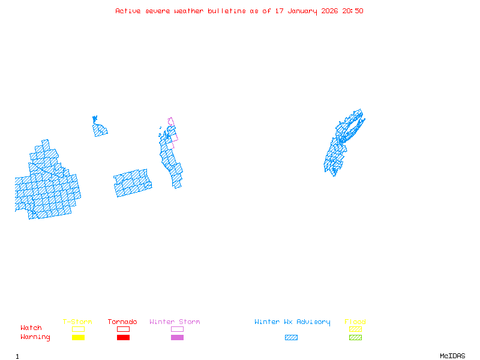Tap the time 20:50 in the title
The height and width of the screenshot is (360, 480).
tap(353, 11)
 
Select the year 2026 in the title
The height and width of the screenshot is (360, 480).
tap(330, 11)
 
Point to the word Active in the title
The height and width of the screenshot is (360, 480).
tap(128, 11)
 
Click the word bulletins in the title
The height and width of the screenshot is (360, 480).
tap(227, 11)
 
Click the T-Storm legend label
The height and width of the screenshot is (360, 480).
tap(77, 322)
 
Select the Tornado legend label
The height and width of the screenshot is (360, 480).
tap(122, 322)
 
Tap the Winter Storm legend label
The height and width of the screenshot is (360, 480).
tap(175, 322)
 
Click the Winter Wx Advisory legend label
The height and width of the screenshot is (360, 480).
tap(292, 322)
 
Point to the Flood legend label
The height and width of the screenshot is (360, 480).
tap(355, 322)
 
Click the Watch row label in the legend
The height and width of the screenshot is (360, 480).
tap(31, 328)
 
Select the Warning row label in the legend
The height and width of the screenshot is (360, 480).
tap(35, 337)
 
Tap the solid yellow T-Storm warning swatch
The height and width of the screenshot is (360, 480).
tap(78, 338)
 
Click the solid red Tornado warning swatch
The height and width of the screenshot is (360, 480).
tap(123, 338)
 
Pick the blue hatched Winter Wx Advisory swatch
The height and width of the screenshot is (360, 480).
tap(291, 338)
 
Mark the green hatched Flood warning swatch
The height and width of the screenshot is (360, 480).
tap(355, 338)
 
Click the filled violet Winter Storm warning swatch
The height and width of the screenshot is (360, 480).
tap(177, 338)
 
